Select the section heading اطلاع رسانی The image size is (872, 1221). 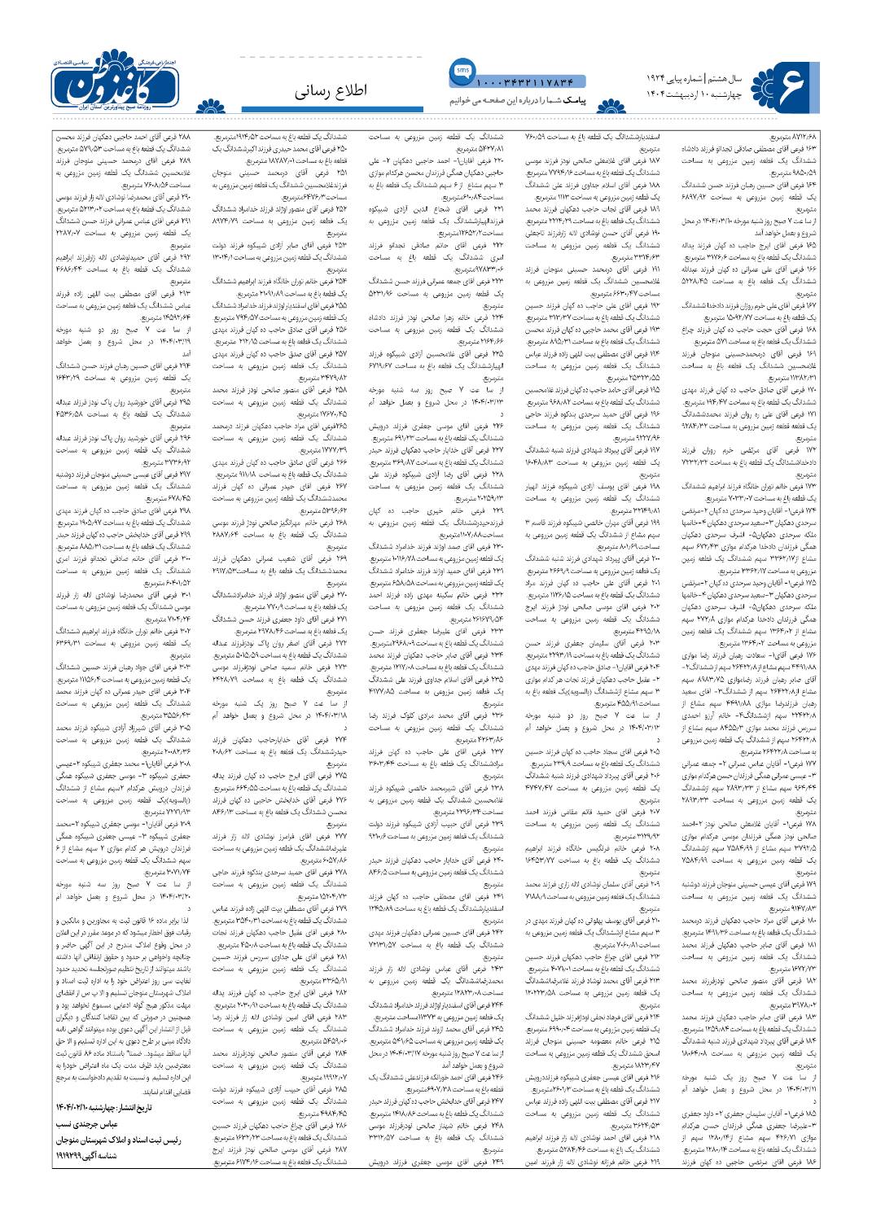[x=332, y=90]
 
